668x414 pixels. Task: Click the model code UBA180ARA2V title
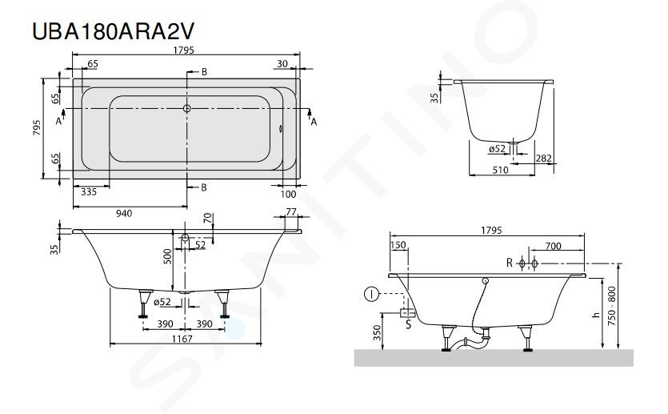point(113,30)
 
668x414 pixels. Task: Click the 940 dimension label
point(124,213)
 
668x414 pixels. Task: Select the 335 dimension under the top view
point(89,192)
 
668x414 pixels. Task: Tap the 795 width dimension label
point(37,127)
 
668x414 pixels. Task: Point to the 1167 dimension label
point(182,339)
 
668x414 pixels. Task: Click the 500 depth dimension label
point(167,256)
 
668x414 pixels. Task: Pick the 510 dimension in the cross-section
point(500,170)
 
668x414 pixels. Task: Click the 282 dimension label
point(544,159)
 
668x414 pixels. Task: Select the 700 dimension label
point(553,246)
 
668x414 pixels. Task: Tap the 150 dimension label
point(398,245)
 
